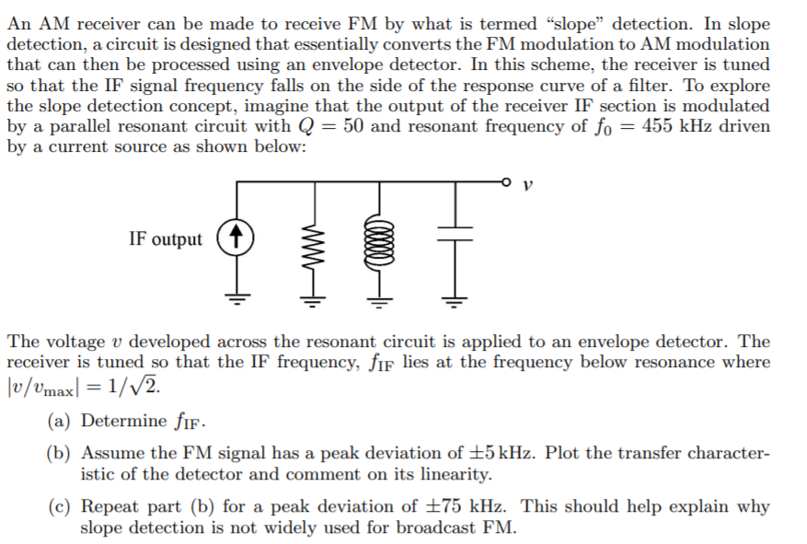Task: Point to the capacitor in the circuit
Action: (x=452, y=237)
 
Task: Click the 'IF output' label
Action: (x=166, y=239)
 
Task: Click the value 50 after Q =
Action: (x=353, y=126)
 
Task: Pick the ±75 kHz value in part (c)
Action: (x=468, y=507)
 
